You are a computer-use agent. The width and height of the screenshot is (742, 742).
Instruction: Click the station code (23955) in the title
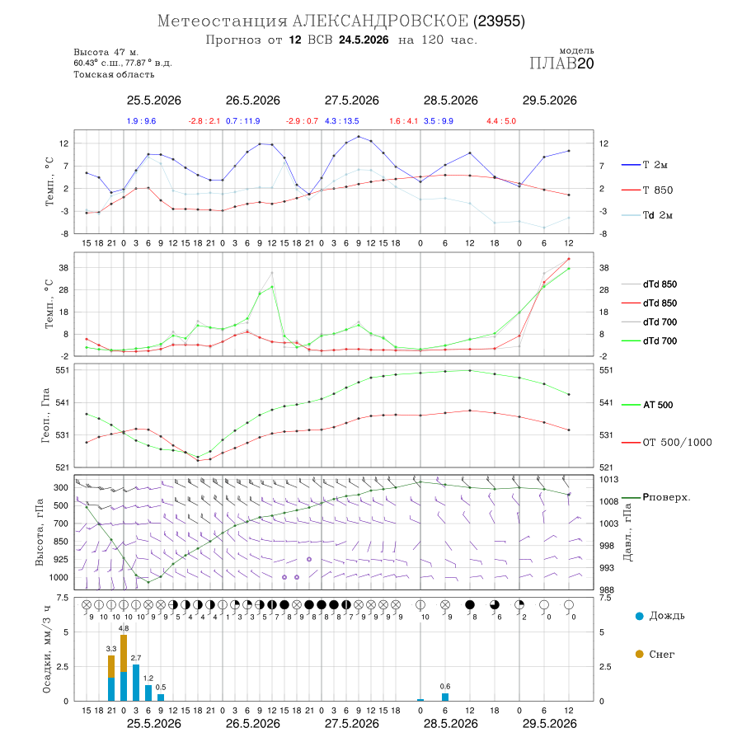[x=500, y=21]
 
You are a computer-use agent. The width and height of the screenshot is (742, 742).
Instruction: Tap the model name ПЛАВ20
[x=561, y=63]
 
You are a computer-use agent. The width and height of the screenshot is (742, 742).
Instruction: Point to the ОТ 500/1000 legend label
[x=667, y=443]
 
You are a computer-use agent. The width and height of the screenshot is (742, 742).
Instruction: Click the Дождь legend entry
[x=660, y=616]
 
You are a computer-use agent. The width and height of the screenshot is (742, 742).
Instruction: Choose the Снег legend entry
[x=655, y=655]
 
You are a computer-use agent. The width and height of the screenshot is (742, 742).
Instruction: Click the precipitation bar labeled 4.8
[x=124, y=668]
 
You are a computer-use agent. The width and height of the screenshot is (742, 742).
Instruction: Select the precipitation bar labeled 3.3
[x=111, y=679]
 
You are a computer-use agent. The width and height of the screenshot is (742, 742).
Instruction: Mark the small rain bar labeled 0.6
[x=445, y=697]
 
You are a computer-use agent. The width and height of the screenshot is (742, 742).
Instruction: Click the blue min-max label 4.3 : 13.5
[x=341, y=121]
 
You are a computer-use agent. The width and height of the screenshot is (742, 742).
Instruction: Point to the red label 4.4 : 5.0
[x=501, y=121]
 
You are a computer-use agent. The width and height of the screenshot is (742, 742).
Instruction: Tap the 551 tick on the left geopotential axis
[x=63, y=370]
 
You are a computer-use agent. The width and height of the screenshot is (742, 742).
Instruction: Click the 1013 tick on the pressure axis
[x=608, y=479]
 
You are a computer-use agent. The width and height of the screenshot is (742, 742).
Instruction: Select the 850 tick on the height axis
[x=60, y=542]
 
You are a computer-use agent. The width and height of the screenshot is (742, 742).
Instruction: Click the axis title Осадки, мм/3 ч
[x=47, y=650]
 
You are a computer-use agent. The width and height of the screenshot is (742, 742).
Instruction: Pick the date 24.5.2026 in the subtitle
[x=364, y=40]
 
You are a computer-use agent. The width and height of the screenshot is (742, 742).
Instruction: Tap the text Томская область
[x=114, y=74]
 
